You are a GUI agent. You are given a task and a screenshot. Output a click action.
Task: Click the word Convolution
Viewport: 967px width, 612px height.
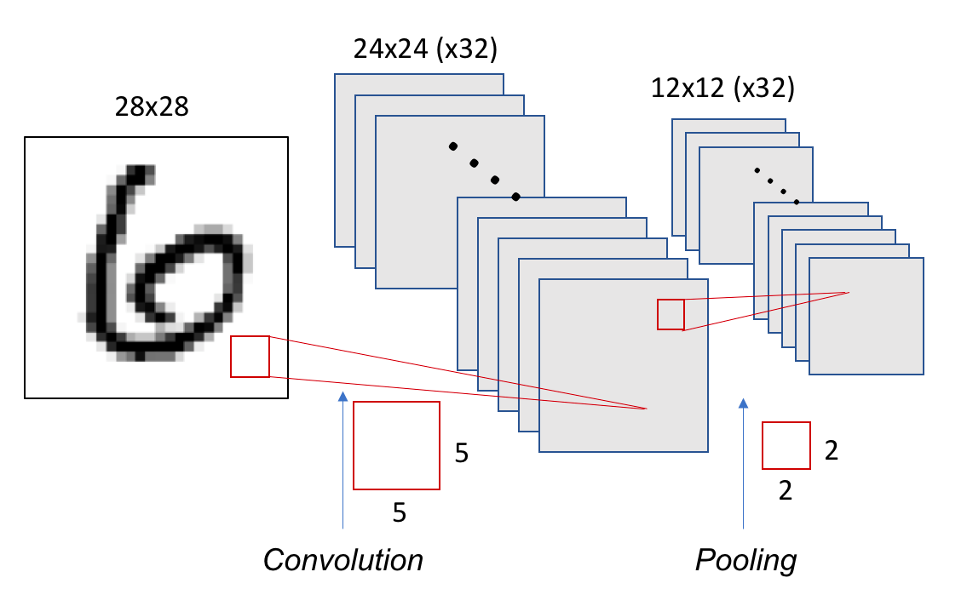342,559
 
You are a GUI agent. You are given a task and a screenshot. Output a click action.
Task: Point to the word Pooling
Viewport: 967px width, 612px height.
745,559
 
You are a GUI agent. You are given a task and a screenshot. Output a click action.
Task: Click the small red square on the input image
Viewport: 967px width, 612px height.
250,357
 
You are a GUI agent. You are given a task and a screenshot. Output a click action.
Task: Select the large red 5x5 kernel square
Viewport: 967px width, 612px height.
396,445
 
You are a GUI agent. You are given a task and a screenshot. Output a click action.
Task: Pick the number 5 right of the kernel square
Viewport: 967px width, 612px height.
461,453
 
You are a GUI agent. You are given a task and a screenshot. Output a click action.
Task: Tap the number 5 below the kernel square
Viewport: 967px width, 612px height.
399,512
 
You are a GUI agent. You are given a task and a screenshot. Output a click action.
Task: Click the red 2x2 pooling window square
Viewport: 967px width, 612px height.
786,445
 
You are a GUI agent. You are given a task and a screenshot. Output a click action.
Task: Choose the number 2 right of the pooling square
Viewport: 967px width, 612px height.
832,450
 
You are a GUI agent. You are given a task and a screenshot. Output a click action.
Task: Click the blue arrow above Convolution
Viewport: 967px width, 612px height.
342,460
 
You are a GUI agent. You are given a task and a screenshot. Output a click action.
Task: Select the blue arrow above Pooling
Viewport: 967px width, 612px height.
743,464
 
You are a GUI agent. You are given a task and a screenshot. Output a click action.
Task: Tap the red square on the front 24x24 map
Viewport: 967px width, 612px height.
671,315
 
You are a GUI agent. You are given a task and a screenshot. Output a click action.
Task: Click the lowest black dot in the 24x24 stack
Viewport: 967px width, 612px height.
515,197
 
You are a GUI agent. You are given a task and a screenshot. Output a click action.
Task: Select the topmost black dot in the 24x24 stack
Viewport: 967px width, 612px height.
453,145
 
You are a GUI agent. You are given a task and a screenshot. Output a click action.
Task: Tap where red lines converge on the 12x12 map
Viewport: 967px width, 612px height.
849,293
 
